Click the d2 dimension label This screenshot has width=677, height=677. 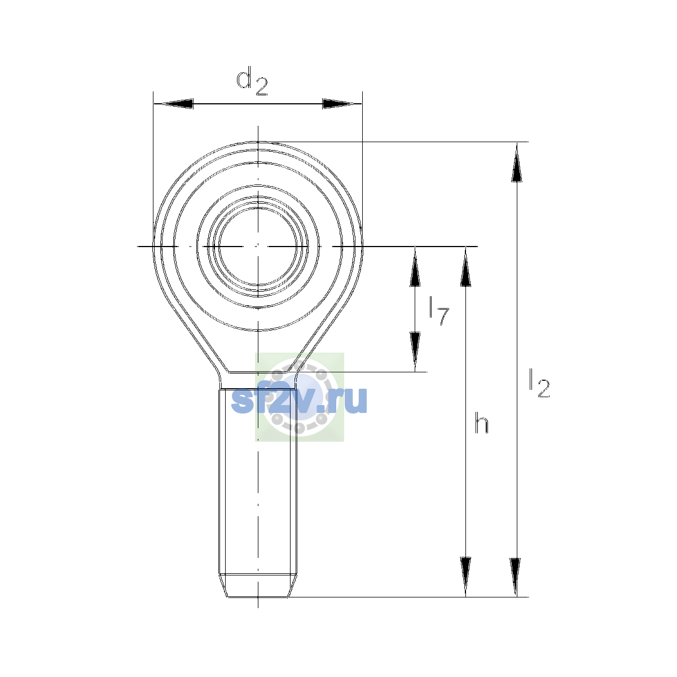(x=252, y=83)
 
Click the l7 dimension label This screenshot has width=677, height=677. (x=439, y=311)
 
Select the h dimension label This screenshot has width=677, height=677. (x=481, y=423)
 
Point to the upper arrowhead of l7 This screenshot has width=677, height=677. (x=415, y=267)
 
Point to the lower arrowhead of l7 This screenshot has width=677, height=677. (x=415, y=351)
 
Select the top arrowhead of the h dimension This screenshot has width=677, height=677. (x=465, y=267)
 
